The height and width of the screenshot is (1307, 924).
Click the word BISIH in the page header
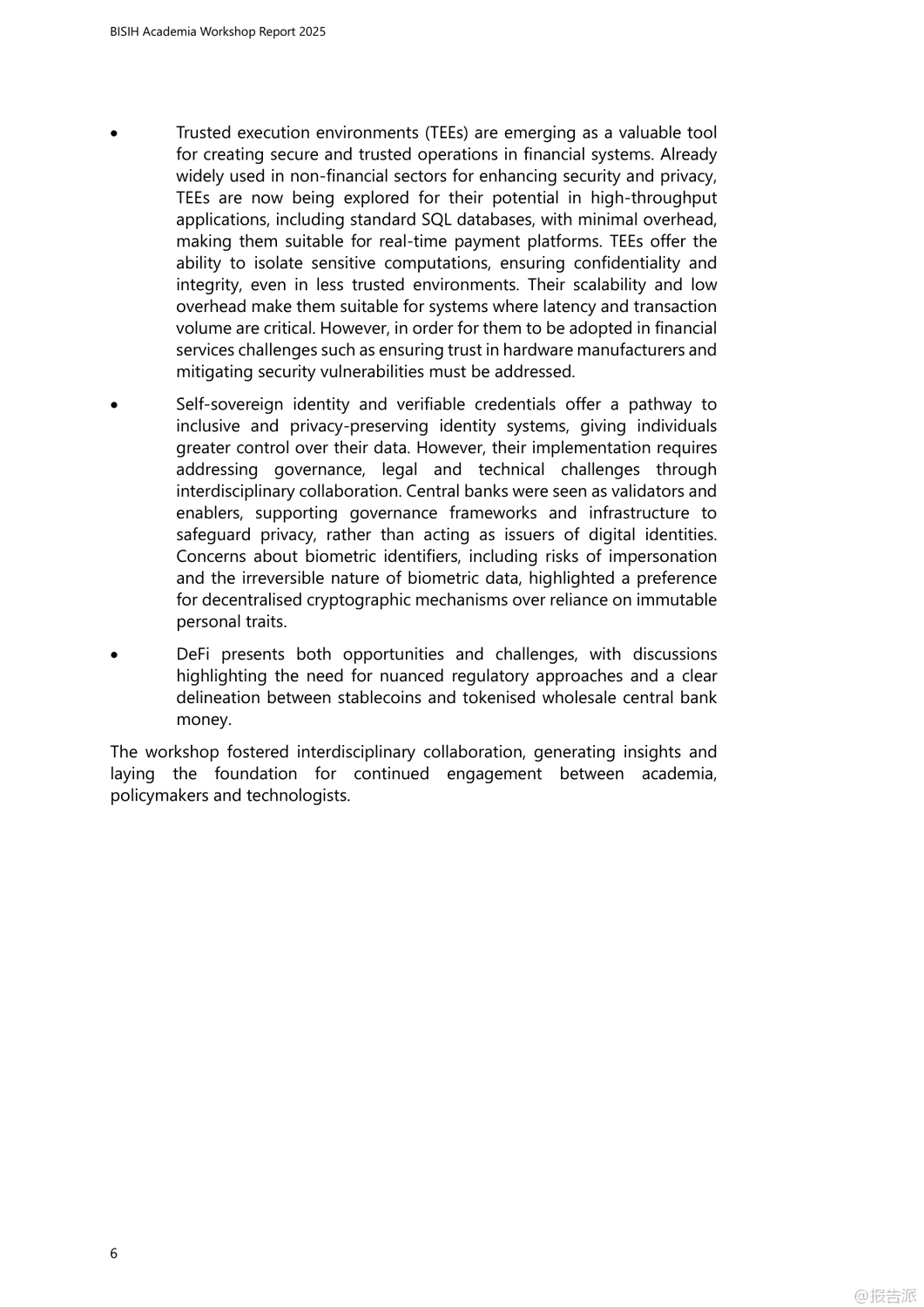pyautogui.click(x=125, y=31)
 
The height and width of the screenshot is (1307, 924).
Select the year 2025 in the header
pyautogui.click(x=312, y=31)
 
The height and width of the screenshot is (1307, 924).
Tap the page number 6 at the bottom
pyautogui.click(x=114, y=1253)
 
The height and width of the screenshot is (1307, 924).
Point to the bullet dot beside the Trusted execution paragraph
pyautogui.click(x=114, y=133)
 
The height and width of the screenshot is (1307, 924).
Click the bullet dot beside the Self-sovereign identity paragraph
pyautogui.click(x=114, y=405)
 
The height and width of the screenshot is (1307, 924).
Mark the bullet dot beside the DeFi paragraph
pyautogui.click(x=114, y=655)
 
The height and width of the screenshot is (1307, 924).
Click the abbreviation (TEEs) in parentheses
pyautogui.click(x=447, y=132)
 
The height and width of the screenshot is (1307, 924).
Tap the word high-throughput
pyautogui.click(x=653, y=198)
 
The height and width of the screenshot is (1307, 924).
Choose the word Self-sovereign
pyautogui.click(x=230, y=404)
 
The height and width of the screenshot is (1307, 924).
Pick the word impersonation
pyautogui.click(x=663, y=557)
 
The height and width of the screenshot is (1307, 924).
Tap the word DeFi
pyautogui.click(x=192, y=654)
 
